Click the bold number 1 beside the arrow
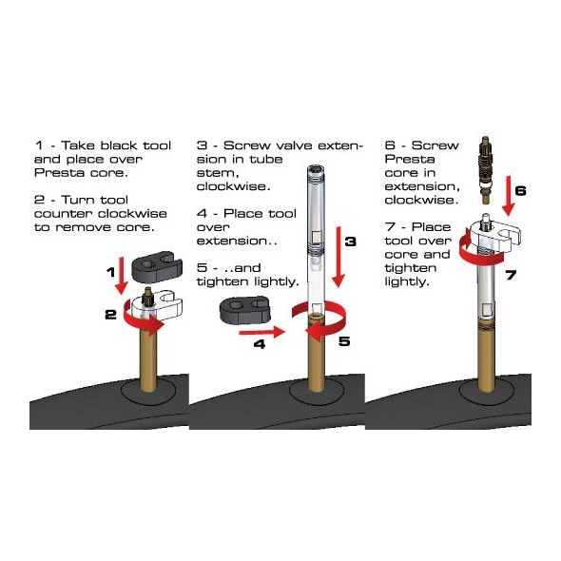(x=111, y=272)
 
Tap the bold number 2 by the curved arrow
(x=111, y=315)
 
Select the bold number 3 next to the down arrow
(x=351, y=242)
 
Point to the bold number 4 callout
(x=260, y=344)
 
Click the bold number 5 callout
(x=344, y=341)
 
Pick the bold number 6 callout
(x=520, y=191)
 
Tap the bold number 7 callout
(x=511, y=275)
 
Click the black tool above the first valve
(x=157, y=266)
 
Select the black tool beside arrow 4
(x=244, y=309)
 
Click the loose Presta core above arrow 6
(x=486, y=170)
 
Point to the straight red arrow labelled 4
(x=261, y=332)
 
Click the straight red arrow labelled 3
(x=338, y=257)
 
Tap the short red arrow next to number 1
(x=122, y=276)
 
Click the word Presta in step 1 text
(x=59, y=172)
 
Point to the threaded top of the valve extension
(x=316, y=171)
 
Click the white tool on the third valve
(x=495, y=235)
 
